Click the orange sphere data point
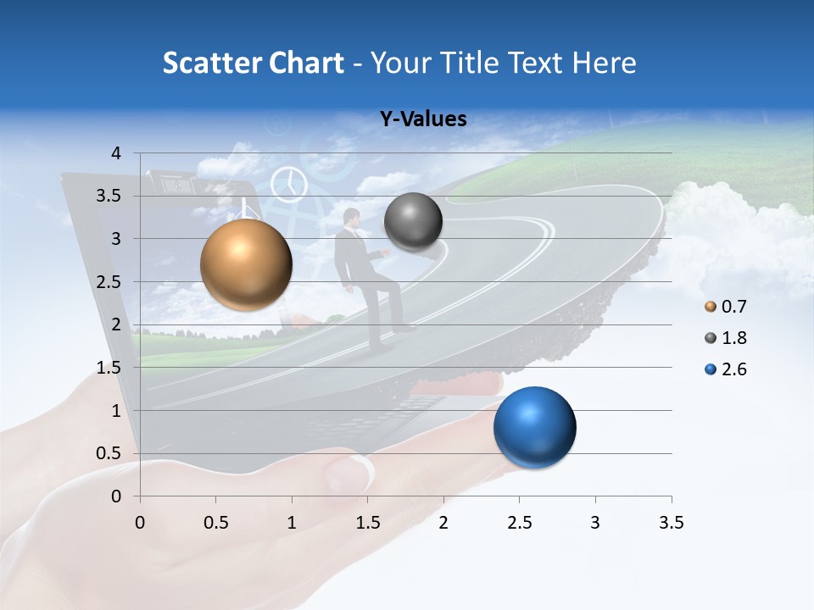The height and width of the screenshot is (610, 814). pos(246,264)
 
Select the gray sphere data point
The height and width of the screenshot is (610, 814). pos(413,222)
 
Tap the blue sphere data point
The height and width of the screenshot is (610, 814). pos(534,427)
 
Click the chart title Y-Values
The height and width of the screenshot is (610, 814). pos(423,119)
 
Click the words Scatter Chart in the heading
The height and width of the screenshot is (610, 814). pos(253,63)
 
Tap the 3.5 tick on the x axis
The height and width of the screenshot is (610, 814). pos(671,523)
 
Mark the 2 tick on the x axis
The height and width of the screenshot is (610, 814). pos(443,523)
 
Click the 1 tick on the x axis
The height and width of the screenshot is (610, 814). pos(292,523)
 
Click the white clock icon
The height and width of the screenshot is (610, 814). pos(288,184)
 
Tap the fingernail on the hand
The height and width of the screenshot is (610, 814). pos(360,471)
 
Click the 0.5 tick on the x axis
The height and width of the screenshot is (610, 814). pos(216,523)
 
